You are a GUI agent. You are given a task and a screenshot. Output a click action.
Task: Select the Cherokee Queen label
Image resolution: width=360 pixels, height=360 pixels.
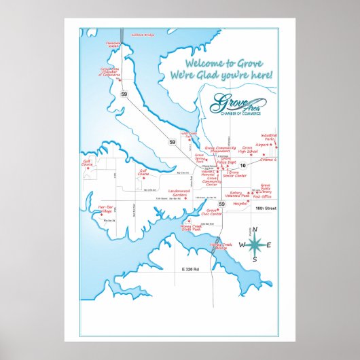tap(113, 45)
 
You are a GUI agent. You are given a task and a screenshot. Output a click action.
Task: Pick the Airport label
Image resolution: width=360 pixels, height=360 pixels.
tap(262, 145)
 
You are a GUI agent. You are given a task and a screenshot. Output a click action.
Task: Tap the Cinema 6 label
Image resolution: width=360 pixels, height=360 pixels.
tap(268, 159)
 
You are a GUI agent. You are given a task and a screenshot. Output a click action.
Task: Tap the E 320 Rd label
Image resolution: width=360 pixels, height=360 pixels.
tap(192, 270)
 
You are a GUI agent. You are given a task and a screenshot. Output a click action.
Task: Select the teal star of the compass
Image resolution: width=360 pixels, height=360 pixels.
tap(256, 245)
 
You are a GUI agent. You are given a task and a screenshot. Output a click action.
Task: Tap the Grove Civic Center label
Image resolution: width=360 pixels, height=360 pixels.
tap(214, 213)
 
